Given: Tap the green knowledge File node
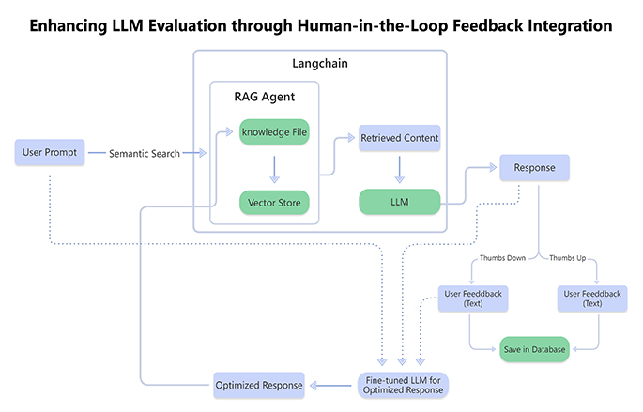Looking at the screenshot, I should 274,131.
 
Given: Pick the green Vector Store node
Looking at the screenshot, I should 274,202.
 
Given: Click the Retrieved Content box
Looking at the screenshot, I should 399,138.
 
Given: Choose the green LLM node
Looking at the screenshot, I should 399,202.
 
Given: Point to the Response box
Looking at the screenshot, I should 536,169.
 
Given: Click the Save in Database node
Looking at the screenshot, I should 534,348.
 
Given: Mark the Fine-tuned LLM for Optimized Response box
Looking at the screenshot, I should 405,384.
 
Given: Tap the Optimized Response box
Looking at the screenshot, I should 259,385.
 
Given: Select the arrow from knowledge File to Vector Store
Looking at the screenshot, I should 274,167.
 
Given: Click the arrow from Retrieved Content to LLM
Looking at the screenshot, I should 399,170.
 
